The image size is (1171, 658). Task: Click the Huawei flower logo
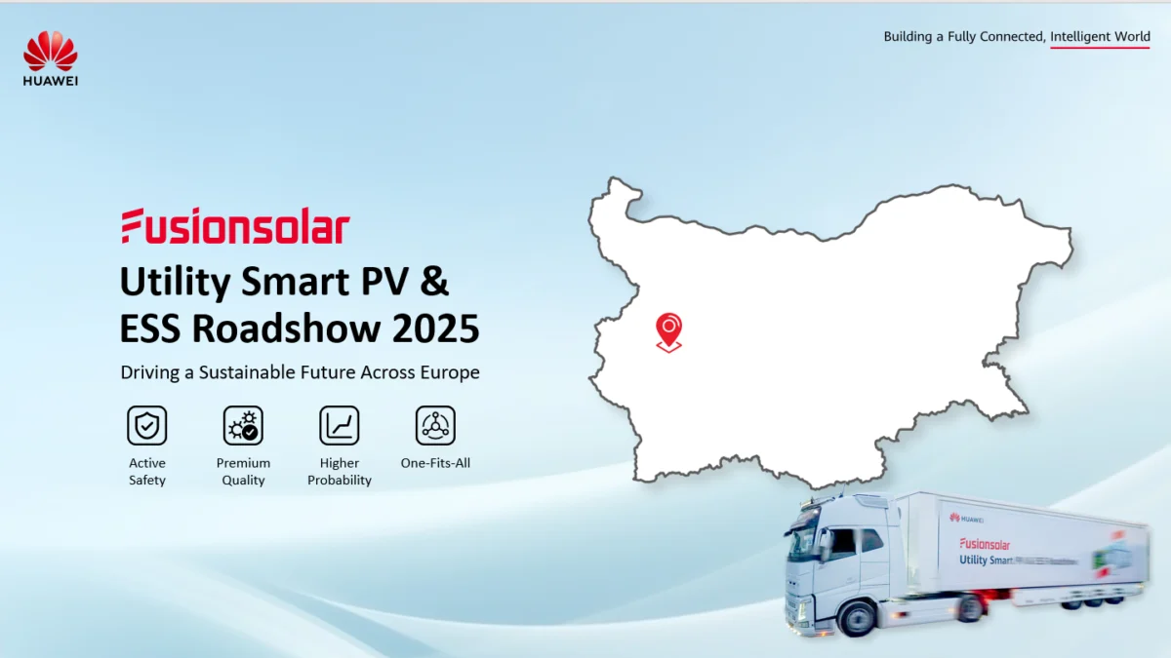coord(50,51)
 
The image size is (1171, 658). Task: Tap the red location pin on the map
coord(668,329)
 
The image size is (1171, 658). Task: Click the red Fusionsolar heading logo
coord(235,226)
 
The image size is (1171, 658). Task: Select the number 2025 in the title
coord(436,329)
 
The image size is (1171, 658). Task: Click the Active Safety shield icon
coord(147,426)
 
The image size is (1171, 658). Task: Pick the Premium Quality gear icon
coord(243,426)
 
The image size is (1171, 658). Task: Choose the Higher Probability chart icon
coord(340,426)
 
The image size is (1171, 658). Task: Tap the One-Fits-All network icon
coord(435,426)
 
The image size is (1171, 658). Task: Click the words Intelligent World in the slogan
coord(1100,37)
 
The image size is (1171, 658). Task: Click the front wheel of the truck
coord(856,618)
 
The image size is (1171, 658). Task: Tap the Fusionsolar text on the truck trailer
coord(985,544)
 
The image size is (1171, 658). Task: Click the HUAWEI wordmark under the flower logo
coord(51,81)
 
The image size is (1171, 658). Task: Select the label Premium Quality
coord(243,472)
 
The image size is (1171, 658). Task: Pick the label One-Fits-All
coord(435,463)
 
